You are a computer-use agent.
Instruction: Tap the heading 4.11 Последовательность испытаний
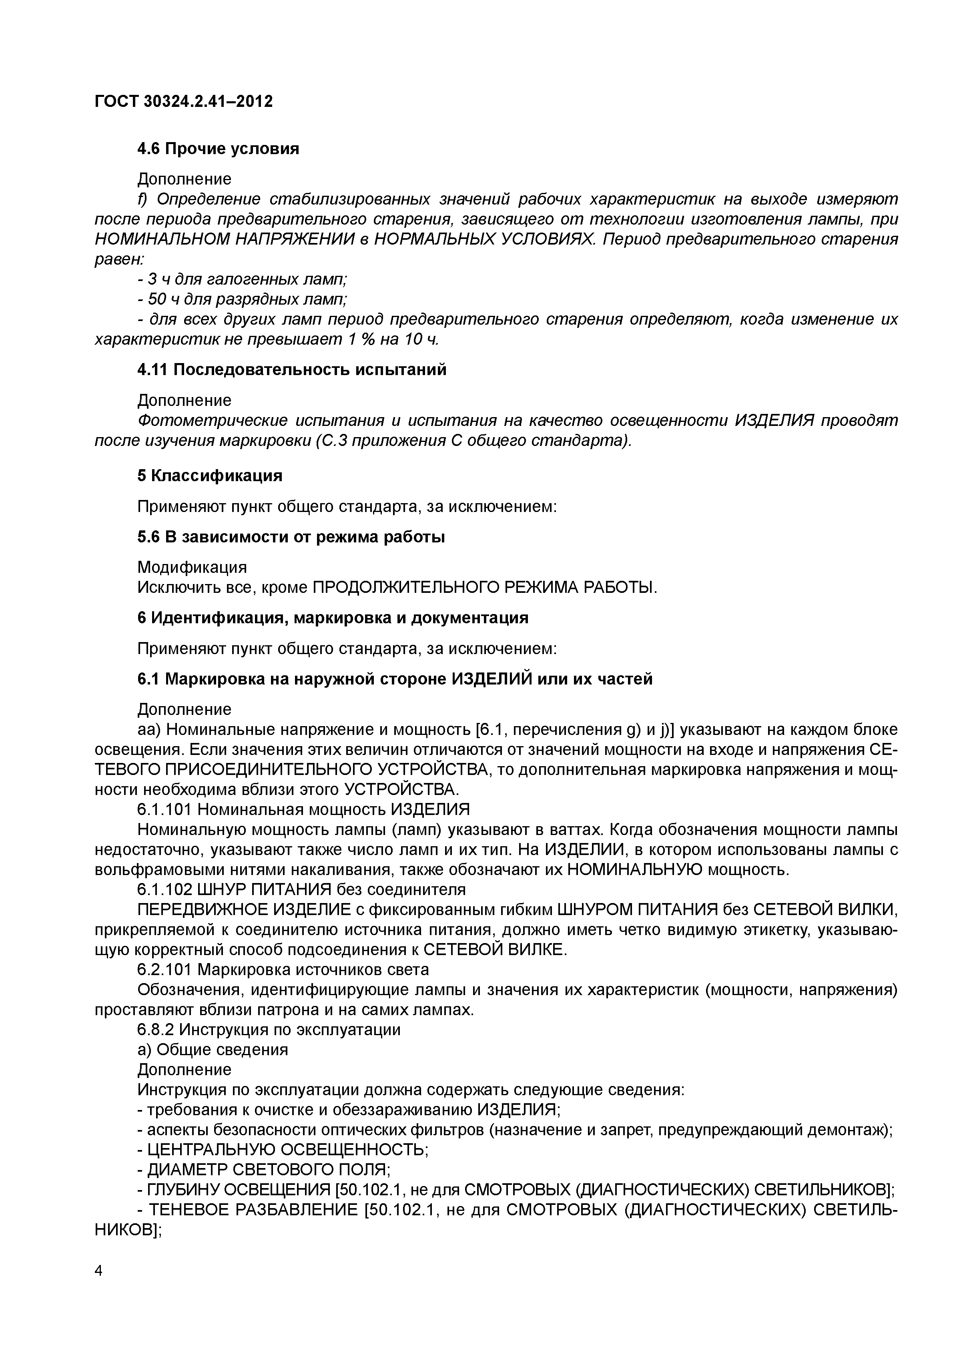pos(291,369)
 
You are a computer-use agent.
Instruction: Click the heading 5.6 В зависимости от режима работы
pos(291,537)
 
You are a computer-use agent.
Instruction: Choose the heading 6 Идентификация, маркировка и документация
pos(333,617)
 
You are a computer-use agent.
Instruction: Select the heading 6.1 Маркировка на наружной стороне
pos(395,679)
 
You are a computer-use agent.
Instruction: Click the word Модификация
pos(192,567)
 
